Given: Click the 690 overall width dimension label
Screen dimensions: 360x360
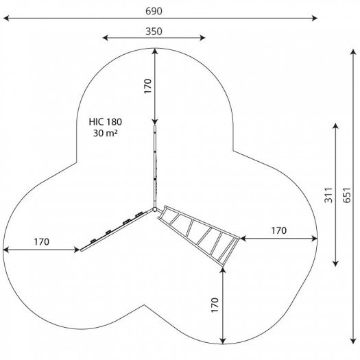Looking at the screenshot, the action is [x=154, y=11].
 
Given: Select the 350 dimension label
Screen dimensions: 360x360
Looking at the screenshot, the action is [x=154, y=32].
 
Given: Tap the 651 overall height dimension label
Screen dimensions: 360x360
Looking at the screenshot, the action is [x=347, y=195].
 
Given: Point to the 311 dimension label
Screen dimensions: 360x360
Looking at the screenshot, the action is [x=328, y=195].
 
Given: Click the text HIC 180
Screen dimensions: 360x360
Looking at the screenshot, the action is [x=106, y=121].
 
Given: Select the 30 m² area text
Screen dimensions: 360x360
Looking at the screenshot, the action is [x=106, y=133].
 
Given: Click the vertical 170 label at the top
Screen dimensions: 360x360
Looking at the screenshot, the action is [x=148, y=86].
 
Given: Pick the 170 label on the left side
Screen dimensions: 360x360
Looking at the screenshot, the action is [x=42, y=242].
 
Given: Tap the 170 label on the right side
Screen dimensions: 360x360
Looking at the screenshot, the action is [x=279, y=230].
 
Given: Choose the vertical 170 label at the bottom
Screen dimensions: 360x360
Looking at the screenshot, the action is [x=215, y=305].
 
